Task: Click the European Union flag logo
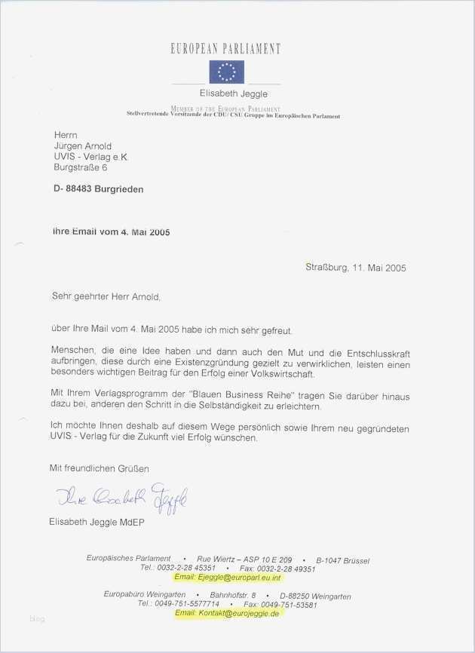tap(226, 72)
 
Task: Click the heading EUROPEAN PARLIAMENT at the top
tap(226, 49)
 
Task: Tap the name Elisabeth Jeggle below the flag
tap(233, 94)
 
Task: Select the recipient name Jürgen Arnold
tap(83, 146)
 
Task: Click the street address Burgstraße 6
tap(81, 168)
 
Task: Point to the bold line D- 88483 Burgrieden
tap(98, 189)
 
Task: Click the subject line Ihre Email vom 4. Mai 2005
tap(111, 232)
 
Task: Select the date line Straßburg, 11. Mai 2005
tap(356, 268)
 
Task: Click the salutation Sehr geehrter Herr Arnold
tap(106, 297)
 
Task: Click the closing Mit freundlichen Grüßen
tap(100, 468)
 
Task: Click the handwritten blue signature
tap(121, 497)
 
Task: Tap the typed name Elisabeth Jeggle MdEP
tap(97, 523)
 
